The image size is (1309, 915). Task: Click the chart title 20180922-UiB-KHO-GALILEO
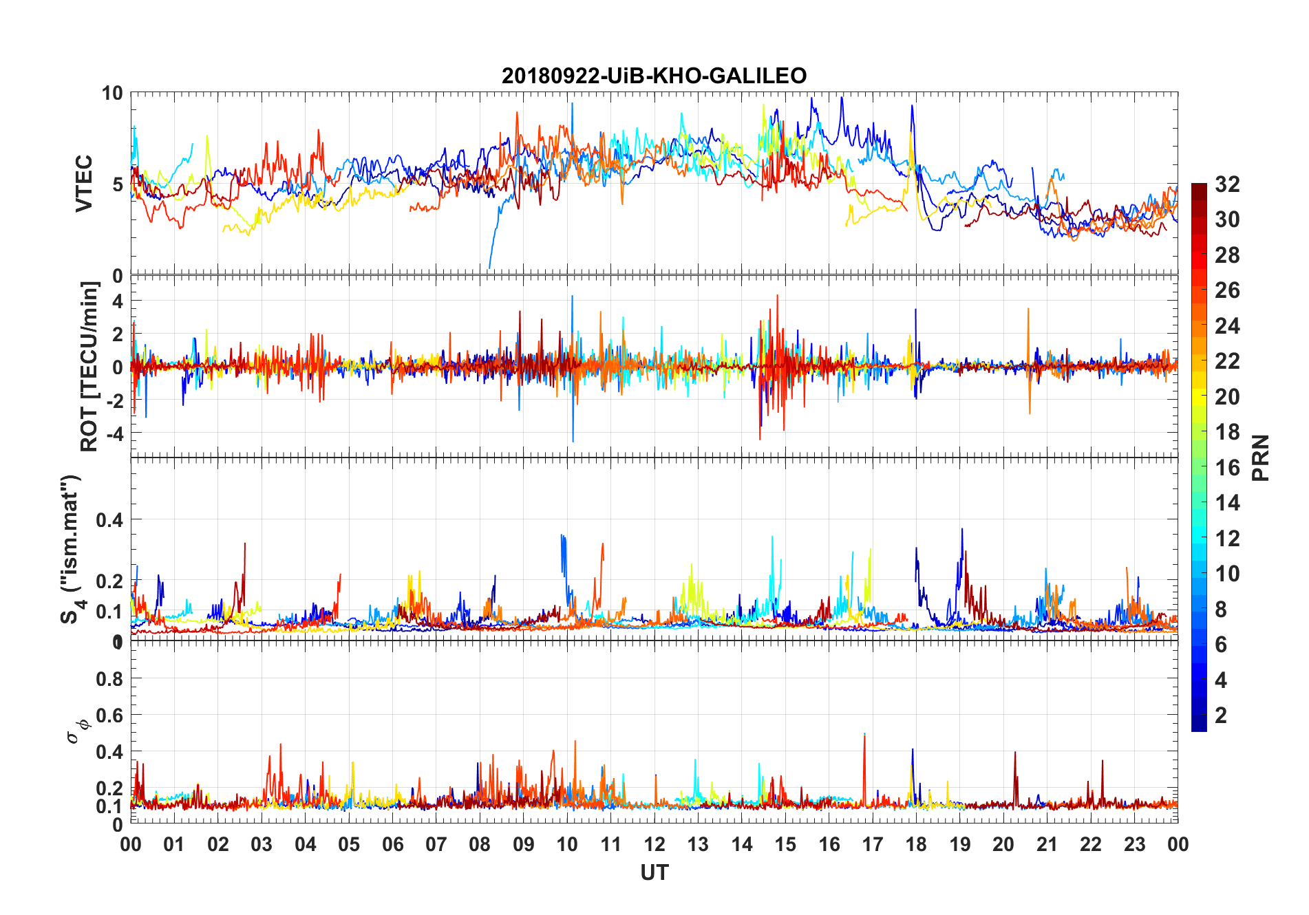click(654, 75)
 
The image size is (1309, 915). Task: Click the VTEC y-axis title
click(83, 184)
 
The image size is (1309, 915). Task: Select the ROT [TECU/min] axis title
click(89, 366)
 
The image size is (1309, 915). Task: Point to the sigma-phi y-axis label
click(78, 730)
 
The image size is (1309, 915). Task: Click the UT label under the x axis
click(654, 873)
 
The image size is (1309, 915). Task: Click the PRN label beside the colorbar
click(1261, 458)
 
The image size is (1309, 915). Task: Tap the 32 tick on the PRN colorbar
click(1227, 184)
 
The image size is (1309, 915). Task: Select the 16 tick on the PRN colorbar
click(1227, 468)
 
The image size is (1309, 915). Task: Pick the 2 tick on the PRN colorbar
click(1221, 715)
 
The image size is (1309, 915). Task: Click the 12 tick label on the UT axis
click(654, 845)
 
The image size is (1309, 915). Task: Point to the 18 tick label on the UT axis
click(916, 845)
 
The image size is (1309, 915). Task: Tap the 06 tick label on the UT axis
click(392, 845)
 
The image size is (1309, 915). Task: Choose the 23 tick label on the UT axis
click(1134, 845)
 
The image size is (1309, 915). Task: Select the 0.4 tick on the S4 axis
click(109, 520)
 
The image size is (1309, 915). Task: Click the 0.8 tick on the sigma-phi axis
click(109, 679)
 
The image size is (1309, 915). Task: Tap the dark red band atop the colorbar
click(1199, 189)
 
